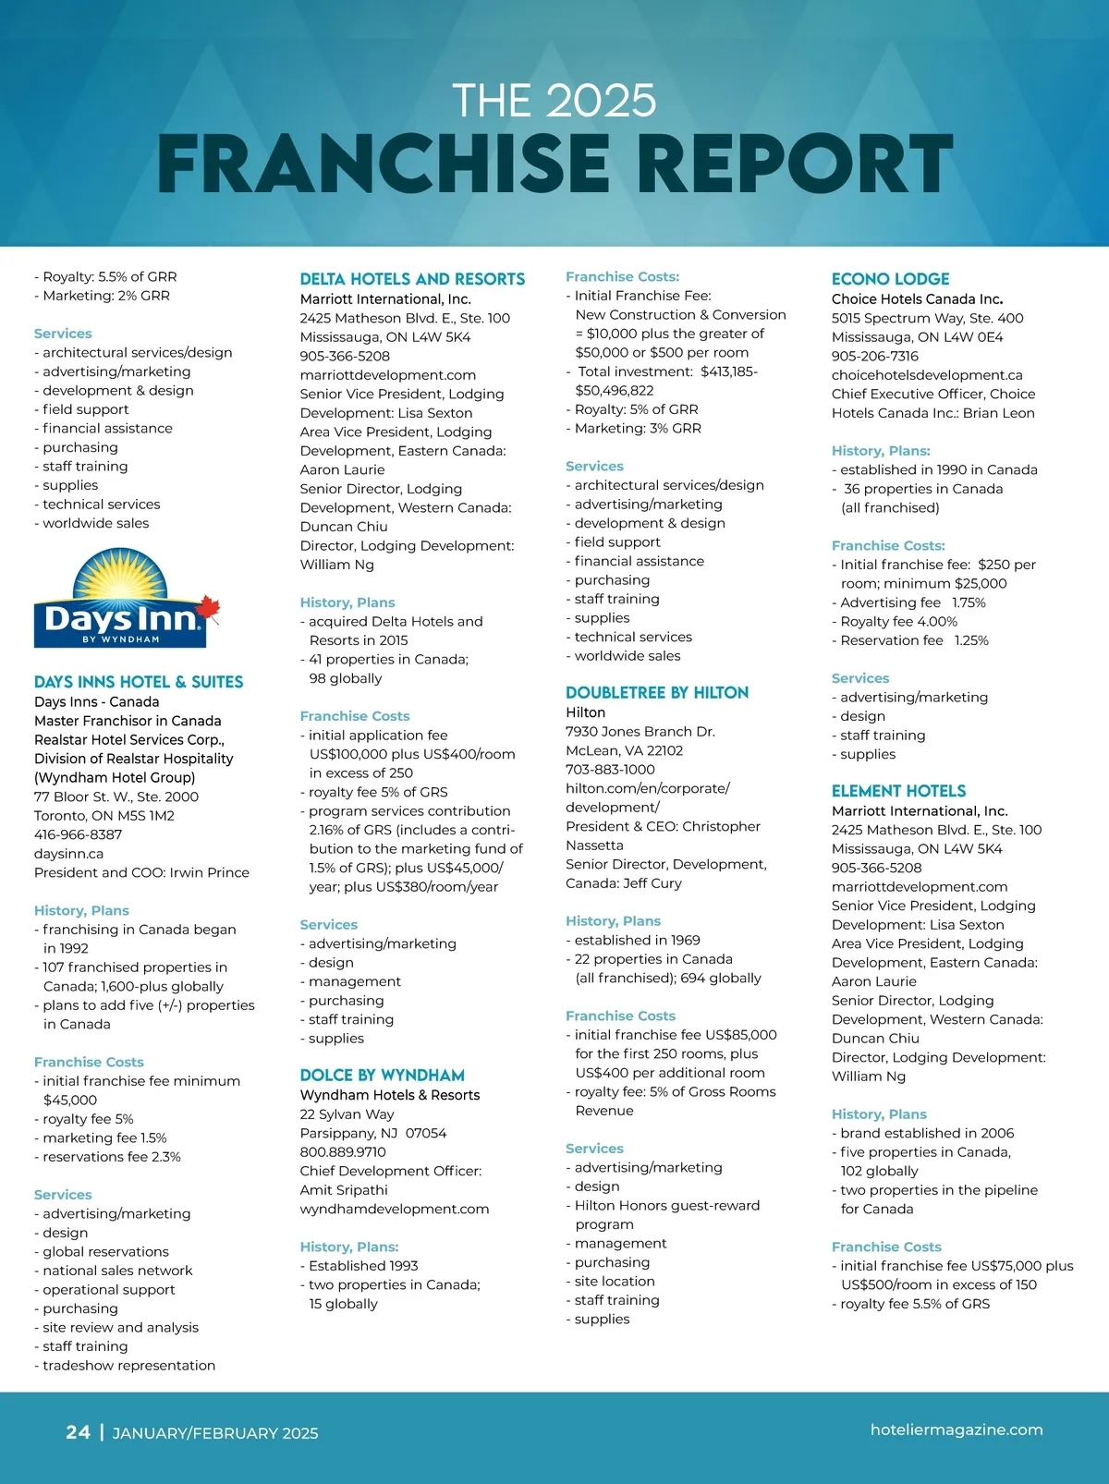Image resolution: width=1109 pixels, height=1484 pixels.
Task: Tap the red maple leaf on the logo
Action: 209,606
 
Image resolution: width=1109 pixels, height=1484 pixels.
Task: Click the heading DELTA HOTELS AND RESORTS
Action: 412,279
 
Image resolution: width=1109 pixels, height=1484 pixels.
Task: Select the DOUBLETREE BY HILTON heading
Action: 657,693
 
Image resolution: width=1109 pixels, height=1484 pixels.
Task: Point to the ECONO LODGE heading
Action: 890,279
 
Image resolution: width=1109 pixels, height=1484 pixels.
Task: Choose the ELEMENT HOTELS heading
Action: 898,791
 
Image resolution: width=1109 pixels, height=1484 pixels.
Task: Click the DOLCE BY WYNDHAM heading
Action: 382,1076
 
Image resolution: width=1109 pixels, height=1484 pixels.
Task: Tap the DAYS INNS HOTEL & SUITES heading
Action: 139,682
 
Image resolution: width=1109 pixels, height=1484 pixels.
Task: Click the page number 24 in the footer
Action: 78,1432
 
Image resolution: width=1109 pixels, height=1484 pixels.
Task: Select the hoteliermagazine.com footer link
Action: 957,1429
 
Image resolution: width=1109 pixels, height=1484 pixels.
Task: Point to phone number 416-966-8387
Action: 78,834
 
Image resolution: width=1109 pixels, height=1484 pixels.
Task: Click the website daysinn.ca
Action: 68,854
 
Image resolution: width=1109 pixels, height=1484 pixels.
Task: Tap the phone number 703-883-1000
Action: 610,769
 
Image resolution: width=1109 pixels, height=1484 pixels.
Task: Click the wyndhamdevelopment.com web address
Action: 395,1209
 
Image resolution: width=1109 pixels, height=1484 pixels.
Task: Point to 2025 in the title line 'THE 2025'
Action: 601,101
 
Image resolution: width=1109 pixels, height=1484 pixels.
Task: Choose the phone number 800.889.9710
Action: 343,1152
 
